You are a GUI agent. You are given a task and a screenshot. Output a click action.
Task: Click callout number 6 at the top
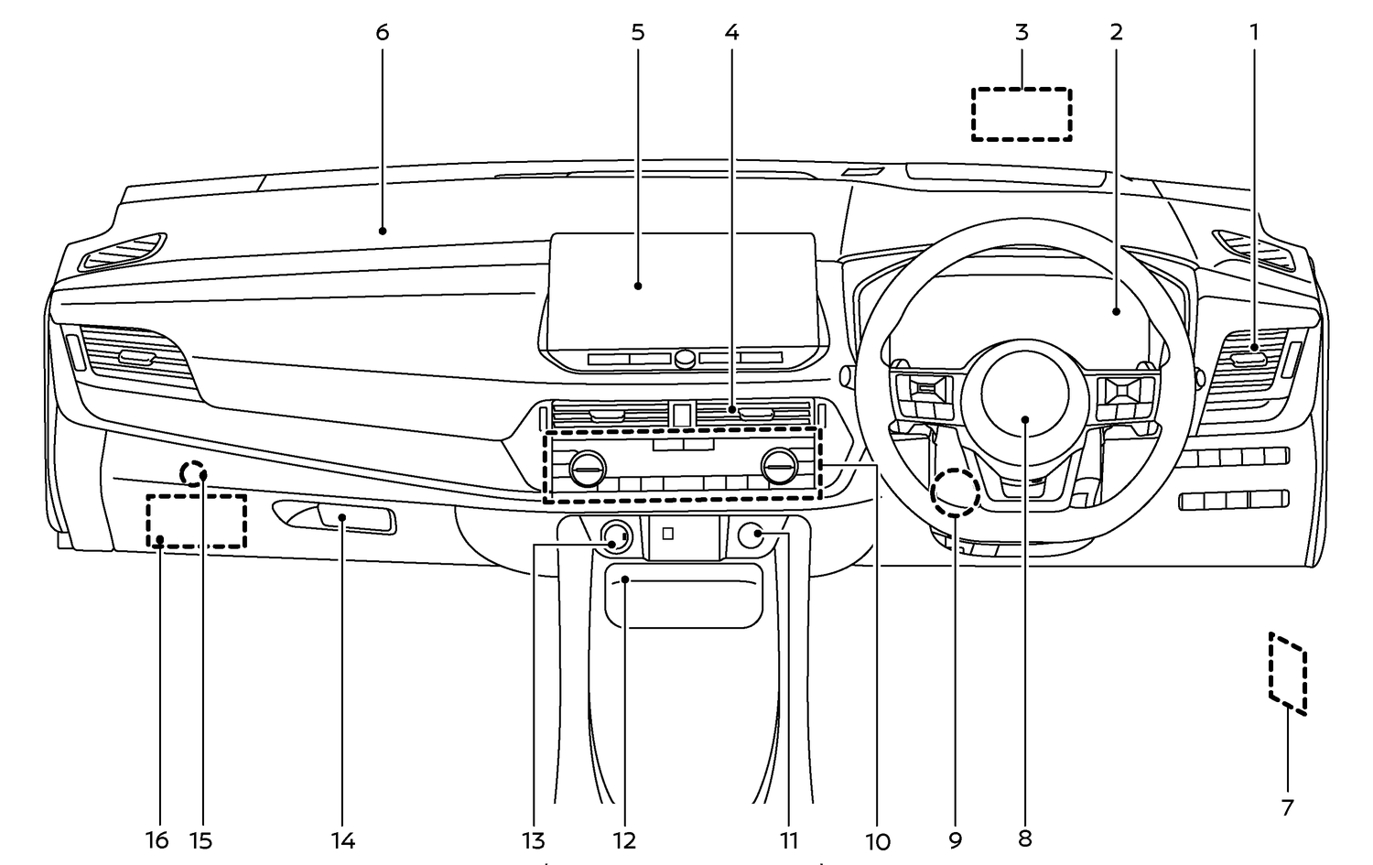(x=382, y=32)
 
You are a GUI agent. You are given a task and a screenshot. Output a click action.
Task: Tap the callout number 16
(x=157, y=839)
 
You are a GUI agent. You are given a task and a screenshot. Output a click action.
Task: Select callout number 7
(x=1287, y=807)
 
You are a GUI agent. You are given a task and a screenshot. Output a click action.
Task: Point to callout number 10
(x=877, y=841)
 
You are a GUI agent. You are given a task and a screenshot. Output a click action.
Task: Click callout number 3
(x=1022, y=32)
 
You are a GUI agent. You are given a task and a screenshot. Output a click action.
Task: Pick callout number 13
(x=534, y=840)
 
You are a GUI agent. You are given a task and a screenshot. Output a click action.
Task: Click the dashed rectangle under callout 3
(x=1022, y=114)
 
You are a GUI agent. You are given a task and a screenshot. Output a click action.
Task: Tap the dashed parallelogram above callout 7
(x=1288, y=673)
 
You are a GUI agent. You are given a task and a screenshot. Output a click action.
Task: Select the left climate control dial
(x=587, y=470)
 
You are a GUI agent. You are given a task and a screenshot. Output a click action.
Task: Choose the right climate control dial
(x=779, y=470)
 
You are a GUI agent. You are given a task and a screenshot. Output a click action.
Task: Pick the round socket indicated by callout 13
(x=615, y=537)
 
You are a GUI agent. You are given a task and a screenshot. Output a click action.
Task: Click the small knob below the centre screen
(x=684, y=359)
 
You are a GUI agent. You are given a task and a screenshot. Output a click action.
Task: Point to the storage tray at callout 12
(x=683, y=596)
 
